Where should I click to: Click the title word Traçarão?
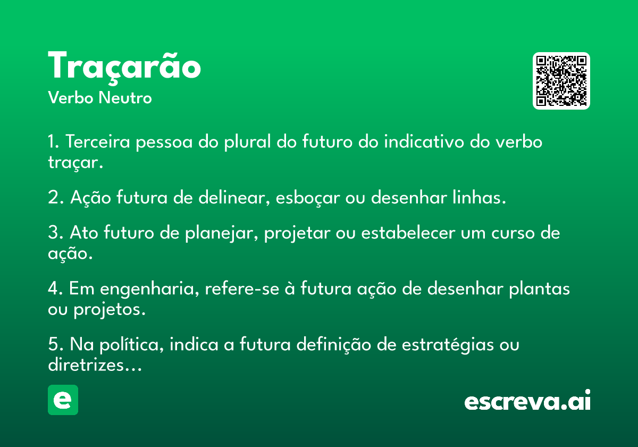point(124,67)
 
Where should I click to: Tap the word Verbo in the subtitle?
point(71,98)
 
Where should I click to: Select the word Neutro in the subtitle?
point(125,98)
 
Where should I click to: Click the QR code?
point(561,81)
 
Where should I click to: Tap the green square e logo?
point(63,400)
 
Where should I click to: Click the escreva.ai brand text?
point(527,400)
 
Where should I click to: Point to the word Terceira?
point(98,142)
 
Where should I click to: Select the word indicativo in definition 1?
point(424,142)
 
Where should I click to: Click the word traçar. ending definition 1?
point(75,162)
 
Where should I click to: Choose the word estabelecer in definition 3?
point(408,233)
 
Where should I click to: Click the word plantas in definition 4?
point(540,289)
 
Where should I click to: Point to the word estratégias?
point(448,344)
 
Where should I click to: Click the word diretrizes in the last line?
point(86,365)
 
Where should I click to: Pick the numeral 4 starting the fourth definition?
point(53,288)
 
